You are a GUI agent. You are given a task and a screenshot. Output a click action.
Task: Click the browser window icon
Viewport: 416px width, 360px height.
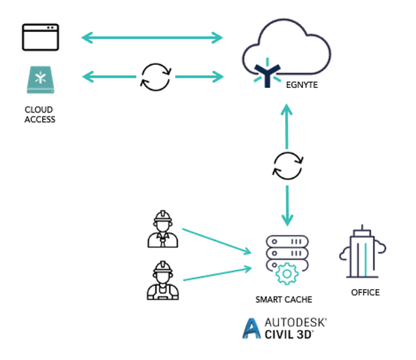tap(40, 37)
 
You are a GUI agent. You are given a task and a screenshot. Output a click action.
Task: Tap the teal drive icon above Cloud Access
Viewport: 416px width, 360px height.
tap(40, 80)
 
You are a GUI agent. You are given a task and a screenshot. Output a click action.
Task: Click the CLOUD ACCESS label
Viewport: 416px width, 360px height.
tap(39, 115)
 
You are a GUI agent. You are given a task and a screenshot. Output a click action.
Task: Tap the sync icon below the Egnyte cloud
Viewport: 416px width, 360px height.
tap(287, 166)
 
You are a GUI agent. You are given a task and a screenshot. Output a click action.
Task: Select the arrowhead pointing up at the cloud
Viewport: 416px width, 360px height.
tap(287, 110)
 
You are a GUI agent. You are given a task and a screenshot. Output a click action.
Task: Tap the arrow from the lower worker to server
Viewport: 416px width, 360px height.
tap(215, 272)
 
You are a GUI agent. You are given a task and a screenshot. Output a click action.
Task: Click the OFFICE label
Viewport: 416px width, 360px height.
tap(365, 292)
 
